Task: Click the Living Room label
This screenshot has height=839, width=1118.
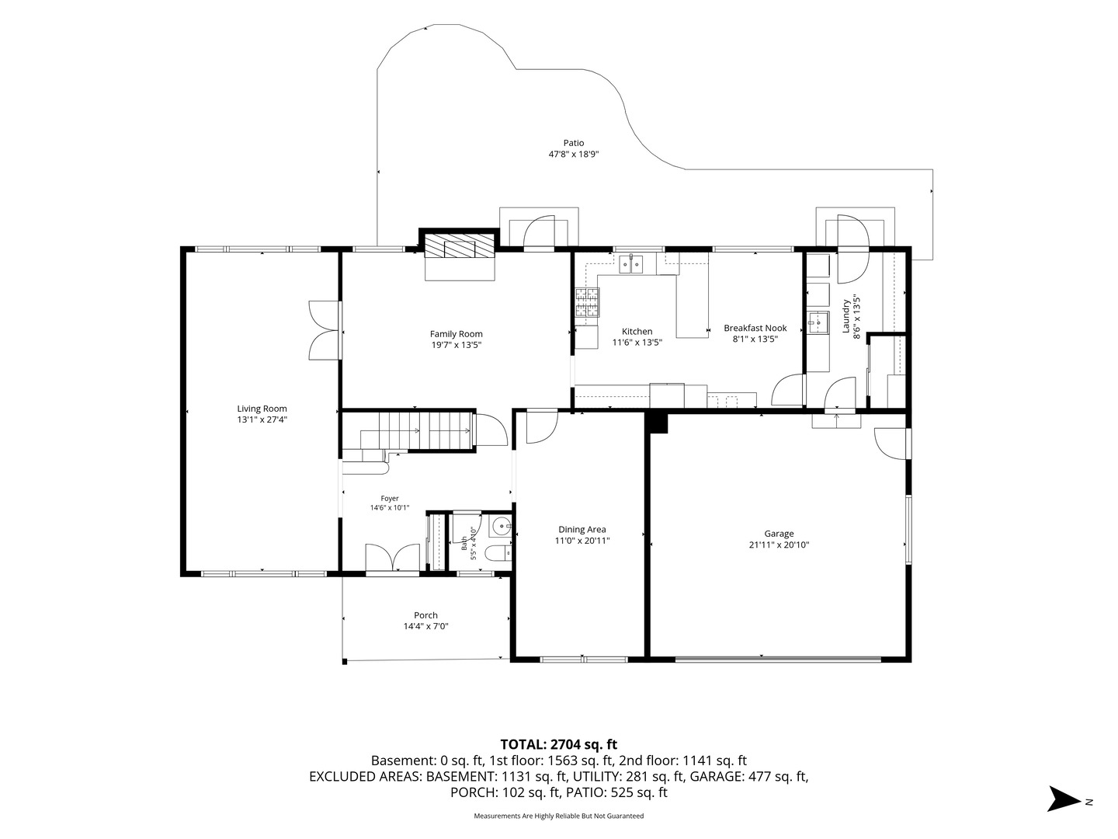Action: [x=262, y=409]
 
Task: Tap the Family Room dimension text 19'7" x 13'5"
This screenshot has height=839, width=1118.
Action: [x=456, y=345]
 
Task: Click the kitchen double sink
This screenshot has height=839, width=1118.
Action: [x=631, y=264]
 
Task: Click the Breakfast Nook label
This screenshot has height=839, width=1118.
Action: [x=755, y=328]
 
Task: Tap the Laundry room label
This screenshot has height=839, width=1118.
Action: [x=845, y=317]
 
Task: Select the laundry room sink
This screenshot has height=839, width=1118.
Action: [x=818, y=322]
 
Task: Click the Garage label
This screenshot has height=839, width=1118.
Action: [x=779, y=534]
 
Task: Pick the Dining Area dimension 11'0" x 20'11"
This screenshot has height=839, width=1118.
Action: [x=582, y=541]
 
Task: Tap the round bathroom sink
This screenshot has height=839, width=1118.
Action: [x=501, y=525]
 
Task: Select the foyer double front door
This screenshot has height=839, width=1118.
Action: [x=393, y=559]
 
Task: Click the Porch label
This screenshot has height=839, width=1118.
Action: [x=425, y=614]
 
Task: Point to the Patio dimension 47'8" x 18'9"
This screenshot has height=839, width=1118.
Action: [x=574, y=154]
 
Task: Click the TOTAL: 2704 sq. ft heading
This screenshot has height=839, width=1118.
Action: [x=559, y=744]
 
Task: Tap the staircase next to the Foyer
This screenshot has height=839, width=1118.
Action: [x=408, y=431]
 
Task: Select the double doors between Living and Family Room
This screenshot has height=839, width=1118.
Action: [x=325, y=331]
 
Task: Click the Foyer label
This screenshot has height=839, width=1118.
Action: [x=390, y=498]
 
